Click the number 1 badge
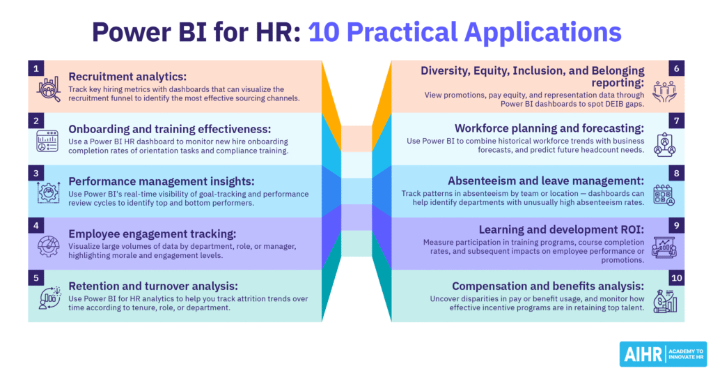click(x=35, y=68)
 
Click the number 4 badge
click(x=35, y=224)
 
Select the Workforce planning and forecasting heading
click(x=549, y=128)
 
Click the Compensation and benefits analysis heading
click(x=548, y=286)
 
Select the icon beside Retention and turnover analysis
click(x=48, y=298)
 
